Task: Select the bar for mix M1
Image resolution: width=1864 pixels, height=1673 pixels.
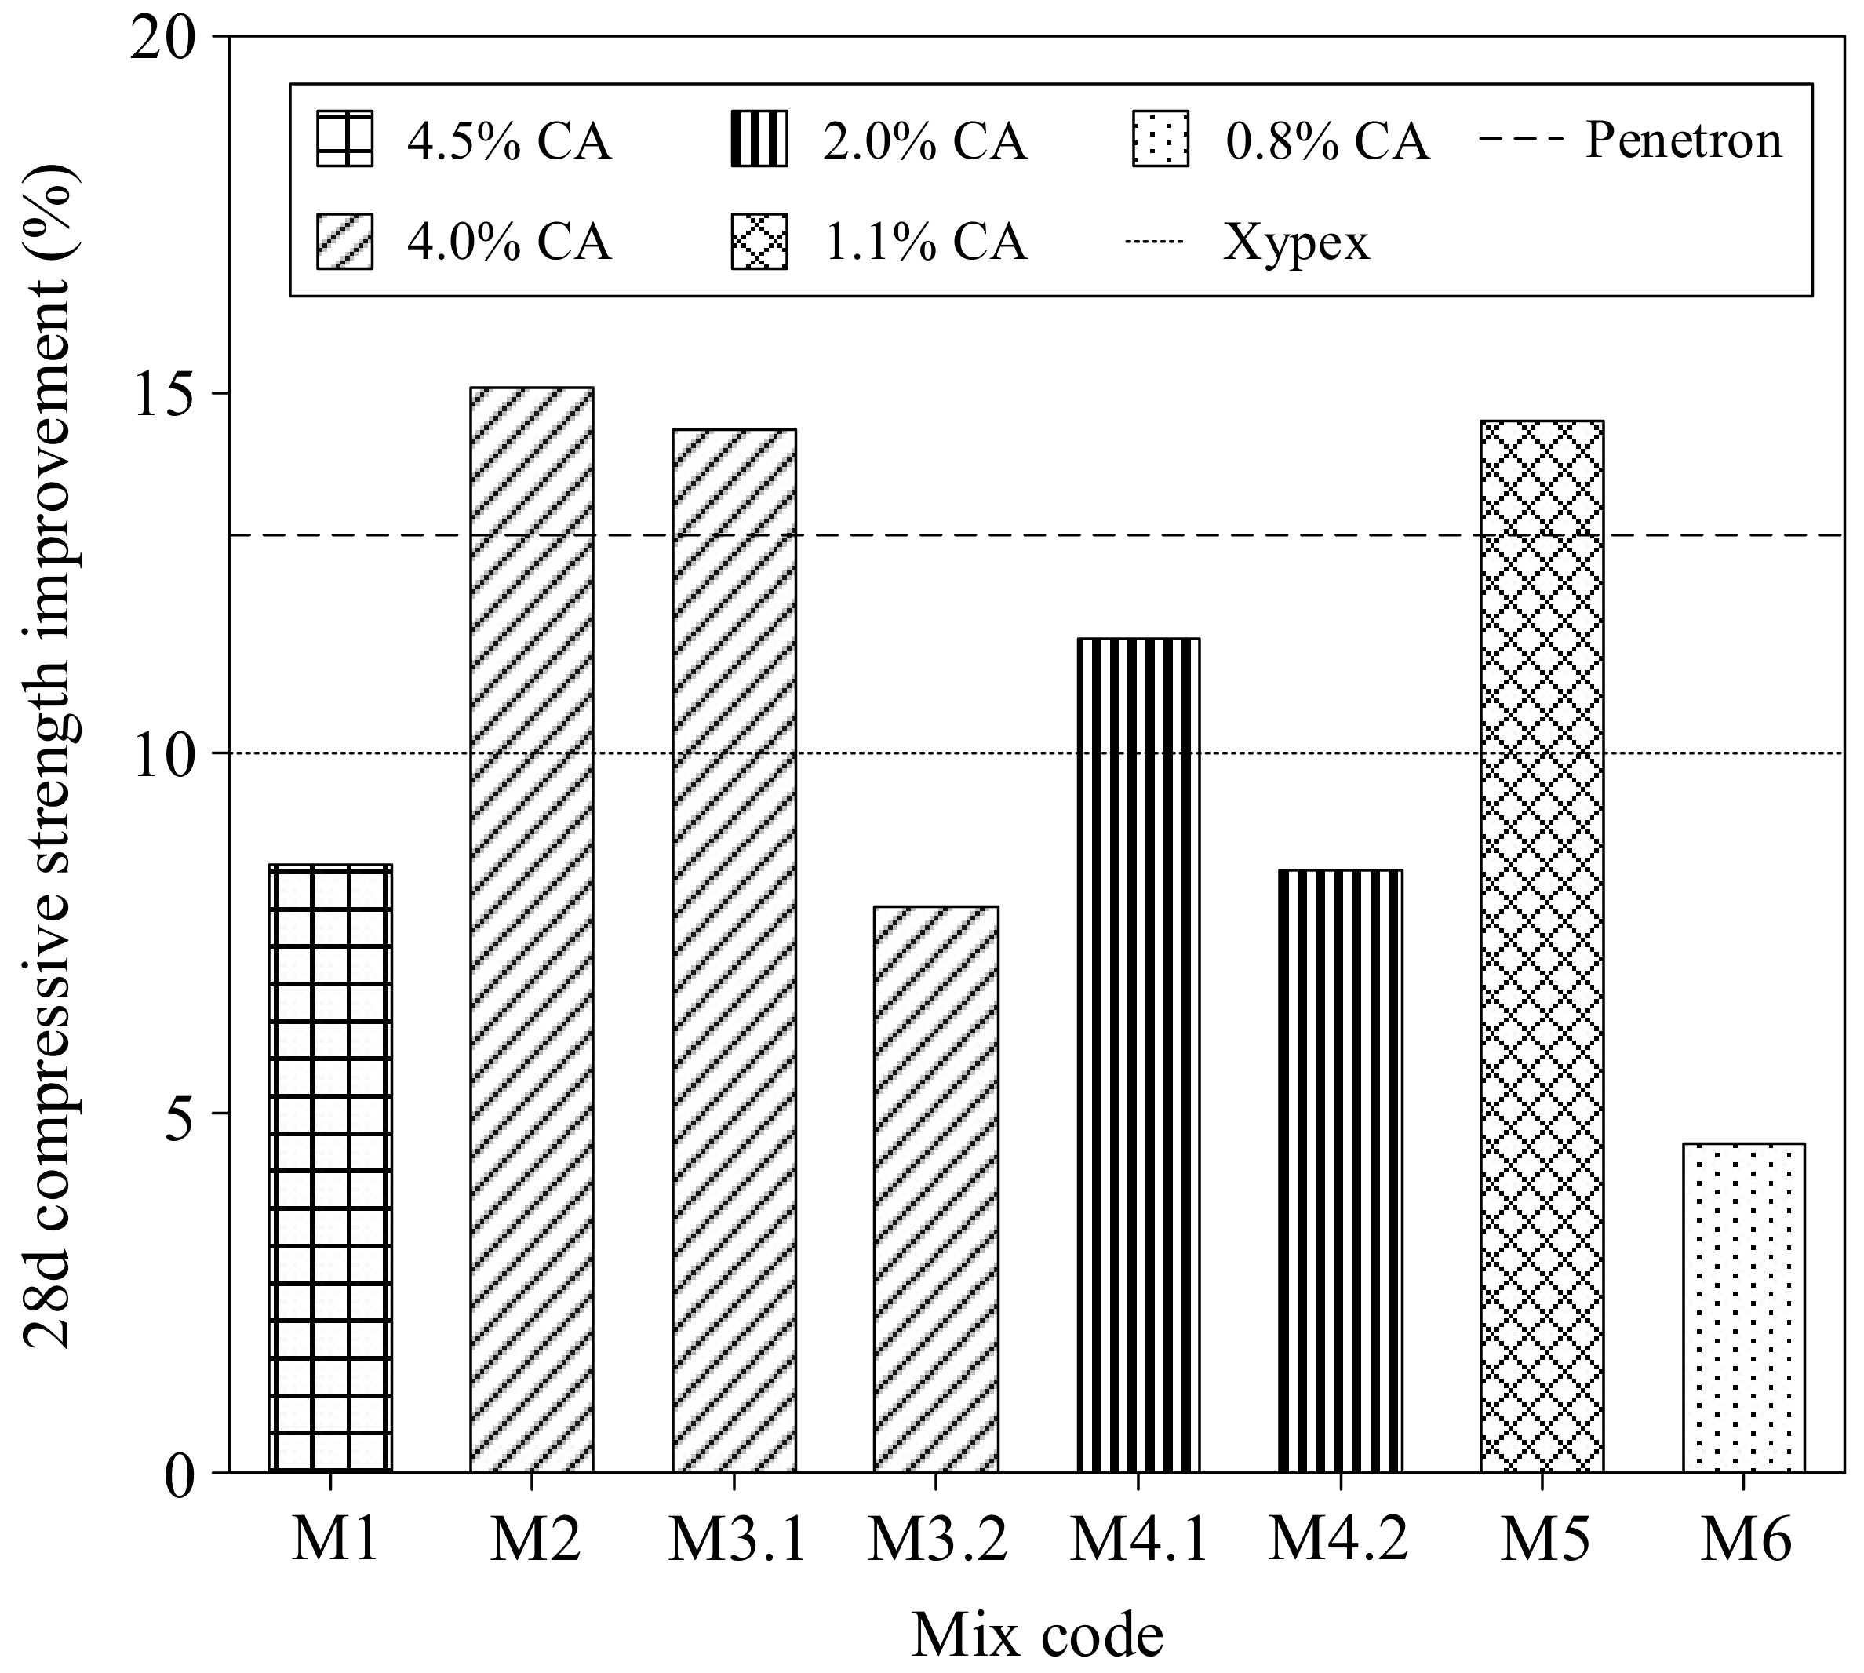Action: [330, 1168]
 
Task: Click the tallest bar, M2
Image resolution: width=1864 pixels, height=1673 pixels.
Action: [531, 928]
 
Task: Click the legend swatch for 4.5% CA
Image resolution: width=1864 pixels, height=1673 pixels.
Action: [344, 139]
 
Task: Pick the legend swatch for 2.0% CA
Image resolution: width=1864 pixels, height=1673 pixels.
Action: [759, 139]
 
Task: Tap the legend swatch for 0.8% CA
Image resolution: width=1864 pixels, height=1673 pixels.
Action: [1160, 139]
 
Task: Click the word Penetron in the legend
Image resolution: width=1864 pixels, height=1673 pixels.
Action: [1683, 140]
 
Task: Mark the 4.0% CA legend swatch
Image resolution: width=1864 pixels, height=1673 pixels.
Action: [344, 241]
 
